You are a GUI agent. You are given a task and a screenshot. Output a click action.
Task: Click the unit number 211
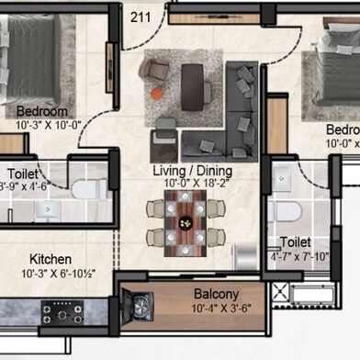[141, 16]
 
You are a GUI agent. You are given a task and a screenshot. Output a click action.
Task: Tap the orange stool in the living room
[157, 93]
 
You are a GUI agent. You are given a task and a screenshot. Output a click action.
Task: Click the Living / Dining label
[191, 171]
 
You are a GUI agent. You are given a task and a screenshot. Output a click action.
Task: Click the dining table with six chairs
[186, 224]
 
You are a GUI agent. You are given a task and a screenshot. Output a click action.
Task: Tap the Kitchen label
[51, 260]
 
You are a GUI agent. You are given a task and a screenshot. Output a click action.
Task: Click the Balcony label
[216, 296]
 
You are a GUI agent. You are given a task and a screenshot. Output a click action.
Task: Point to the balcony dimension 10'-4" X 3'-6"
[217, 309]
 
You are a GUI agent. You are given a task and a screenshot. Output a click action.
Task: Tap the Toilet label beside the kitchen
[24, 173]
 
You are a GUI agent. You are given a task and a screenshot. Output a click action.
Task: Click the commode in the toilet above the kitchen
[85, 189]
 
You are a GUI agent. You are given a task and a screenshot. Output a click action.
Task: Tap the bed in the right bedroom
[335, 78]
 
